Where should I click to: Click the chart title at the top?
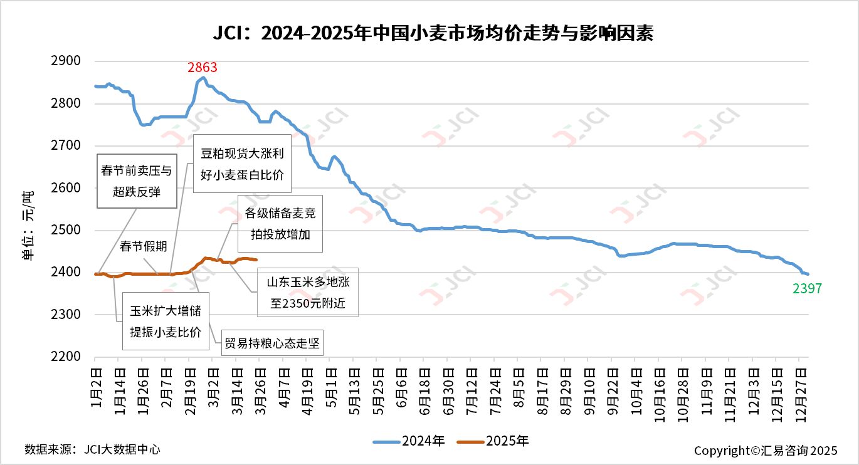(x=429, y=33)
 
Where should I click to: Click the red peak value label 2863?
(x=203, y=68)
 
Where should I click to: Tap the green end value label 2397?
(x=806, y=288)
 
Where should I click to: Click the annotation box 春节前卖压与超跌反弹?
(x=136, y=180)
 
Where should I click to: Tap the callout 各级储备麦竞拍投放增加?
(x=280, y=224)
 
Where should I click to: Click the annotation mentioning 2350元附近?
(x=308, y=293)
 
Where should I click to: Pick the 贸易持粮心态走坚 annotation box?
(x=271, y=343)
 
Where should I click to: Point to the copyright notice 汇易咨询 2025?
(x=766, y=451)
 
